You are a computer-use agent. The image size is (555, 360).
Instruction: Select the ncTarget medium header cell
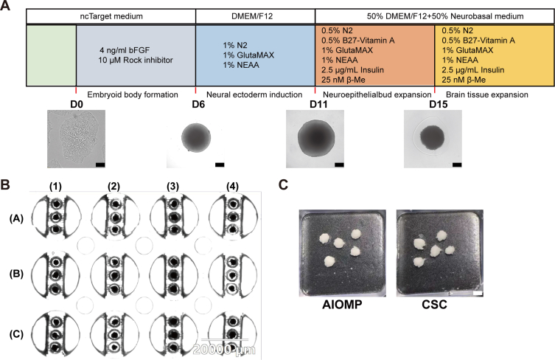(111, 16)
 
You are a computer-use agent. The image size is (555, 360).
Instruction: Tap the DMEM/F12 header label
(252, 16)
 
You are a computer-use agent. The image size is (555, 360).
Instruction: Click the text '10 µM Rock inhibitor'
(136, 60)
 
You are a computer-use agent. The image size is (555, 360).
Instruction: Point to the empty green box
(52, 55)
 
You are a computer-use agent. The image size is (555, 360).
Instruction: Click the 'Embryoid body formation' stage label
(133, 94)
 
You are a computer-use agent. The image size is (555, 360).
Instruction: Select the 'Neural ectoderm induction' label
(254, 94)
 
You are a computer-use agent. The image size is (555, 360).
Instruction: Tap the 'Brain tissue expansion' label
(487, 94)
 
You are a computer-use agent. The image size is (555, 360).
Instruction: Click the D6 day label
(198, 105)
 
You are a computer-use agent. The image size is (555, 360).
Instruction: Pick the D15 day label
(439, 105)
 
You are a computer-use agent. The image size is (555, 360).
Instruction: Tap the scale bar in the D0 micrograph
(100, 165)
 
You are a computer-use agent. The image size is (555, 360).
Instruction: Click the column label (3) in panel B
(172, 187)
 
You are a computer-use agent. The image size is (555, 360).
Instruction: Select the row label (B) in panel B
(16, 274)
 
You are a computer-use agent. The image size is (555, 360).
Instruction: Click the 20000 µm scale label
(224, 350)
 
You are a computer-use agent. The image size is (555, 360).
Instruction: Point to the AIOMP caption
(342, 305)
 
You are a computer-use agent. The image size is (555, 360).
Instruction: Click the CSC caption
(434, 305)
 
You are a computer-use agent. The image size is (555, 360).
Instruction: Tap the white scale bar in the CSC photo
(477, 294)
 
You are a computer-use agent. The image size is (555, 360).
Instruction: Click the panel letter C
(284, 184)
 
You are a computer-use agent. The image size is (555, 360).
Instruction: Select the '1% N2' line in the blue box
(235, 45)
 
